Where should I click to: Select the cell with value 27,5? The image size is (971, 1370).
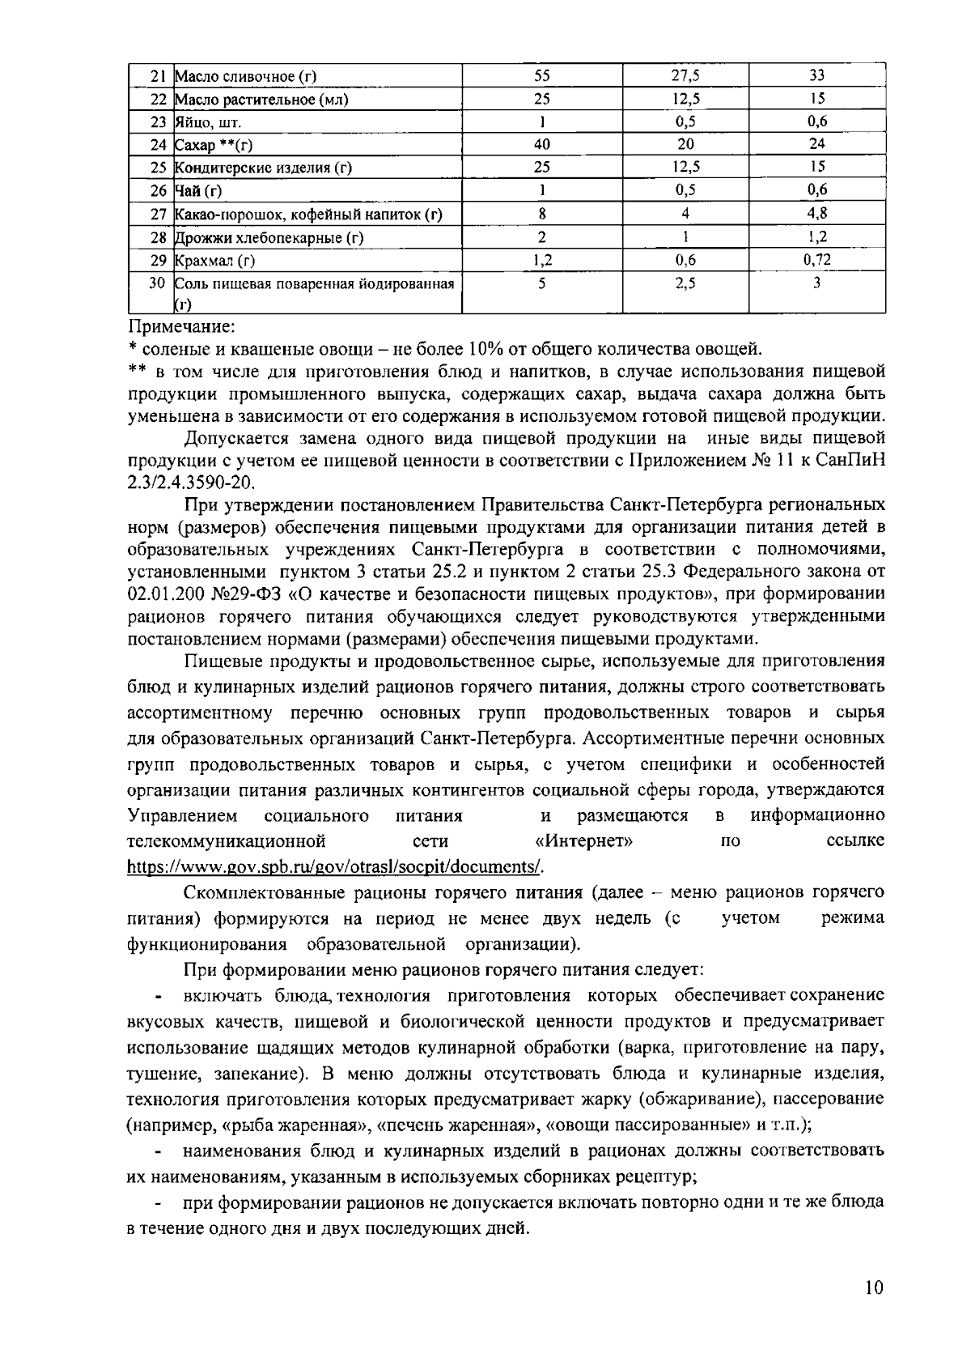(x=685, y=76)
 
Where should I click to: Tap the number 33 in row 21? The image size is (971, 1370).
(x=816, y=76)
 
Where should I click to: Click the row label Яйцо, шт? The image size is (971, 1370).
(x=208, y=122)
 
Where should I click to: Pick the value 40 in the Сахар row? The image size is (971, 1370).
(x=541, y=145)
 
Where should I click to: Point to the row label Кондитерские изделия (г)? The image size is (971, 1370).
(x=264, y=168)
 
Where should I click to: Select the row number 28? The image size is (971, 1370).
(x=159, y=237)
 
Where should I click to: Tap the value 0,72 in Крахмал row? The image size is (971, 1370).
(x=816, y=260)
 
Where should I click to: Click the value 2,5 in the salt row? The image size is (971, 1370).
(x=685, y=283)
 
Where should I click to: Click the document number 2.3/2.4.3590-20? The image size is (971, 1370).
(x=191, y=483)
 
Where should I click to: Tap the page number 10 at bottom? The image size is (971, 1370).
(x=873, y=1288)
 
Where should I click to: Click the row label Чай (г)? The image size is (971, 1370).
(x=198, y=191)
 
